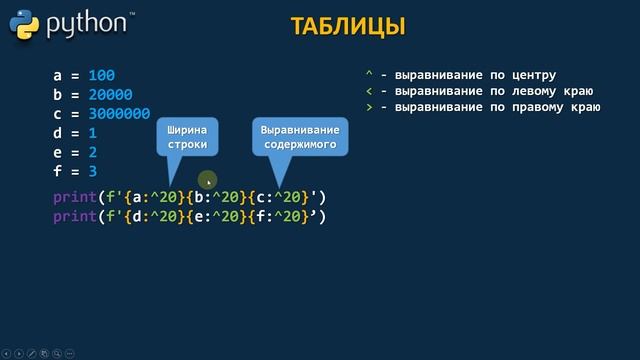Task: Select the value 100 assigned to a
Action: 101,76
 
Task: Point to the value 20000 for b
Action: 109,95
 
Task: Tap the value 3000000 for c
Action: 118,114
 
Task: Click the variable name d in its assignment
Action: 57,133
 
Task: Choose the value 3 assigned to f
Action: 92,171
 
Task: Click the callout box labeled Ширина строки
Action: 187,138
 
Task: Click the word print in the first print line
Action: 75,196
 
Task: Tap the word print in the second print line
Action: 75,215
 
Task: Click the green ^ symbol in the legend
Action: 369,75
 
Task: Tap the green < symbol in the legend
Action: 369,91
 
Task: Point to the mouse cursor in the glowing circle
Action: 208,182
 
